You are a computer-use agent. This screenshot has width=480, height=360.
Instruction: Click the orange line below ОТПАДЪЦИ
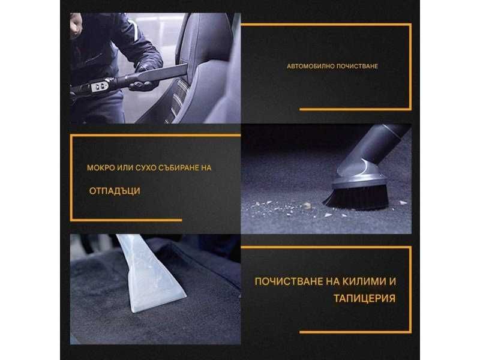click(x=126, y=220)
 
